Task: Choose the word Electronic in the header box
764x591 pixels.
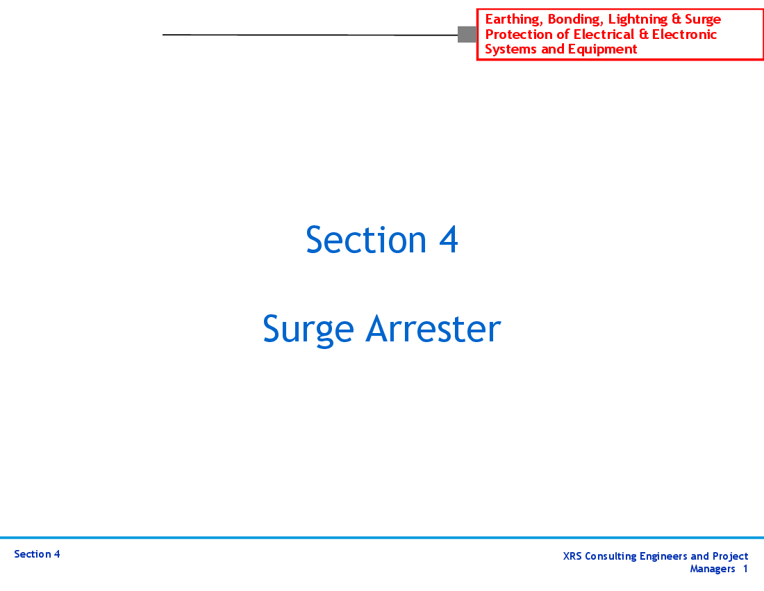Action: click(684, 35)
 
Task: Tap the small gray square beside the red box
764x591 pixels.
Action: click(467, 35)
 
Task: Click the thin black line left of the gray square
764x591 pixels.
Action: click(310, 35)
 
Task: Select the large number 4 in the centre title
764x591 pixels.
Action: click(448, 239)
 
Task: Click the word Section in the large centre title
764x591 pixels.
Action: click(366, 239)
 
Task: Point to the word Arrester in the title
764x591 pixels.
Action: click(433, 329)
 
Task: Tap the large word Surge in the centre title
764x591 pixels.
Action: click(308, 330)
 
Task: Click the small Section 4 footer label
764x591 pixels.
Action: click(37, 554)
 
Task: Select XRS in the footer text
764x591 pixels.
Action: click(572, 556)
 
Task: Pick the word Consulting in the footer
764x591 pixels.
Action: click(611, 557)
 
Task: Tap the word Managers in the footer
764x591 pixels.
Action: click(713, 569)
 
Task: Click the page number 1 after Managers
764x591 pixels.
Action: click(745, 569)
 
